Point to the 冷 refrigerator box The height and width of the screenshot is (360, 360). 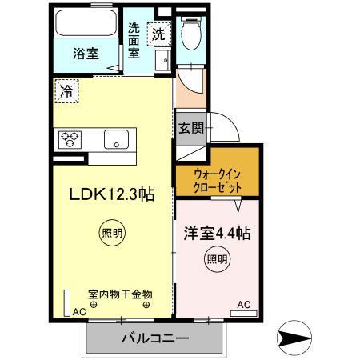point(65,91)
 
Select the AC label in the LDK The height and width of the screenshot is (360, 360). point(78,312)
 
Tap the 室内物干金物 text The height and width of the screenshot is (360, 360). point(120,295)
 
